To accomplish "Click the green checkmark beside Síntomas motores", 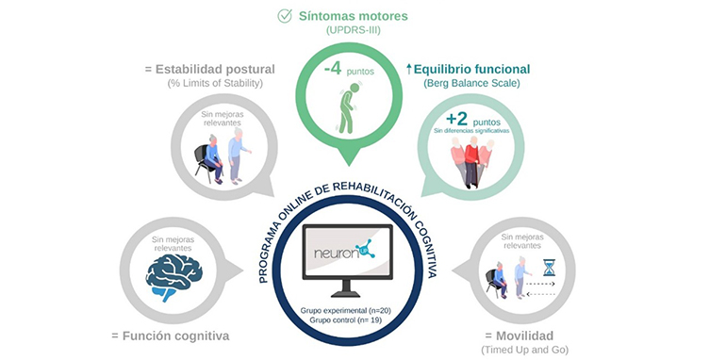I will click(285, 16).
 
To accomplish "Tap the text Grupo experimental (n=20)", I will click(354, 310).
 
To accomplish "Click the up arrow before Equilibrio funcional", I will click(409, 69).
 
